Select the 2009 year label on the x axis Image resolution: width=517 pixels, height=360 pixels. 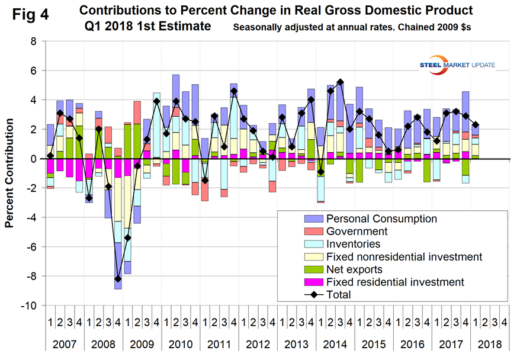tap(142, 343)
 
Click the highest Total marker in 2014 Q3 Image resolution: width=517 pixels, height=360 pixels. tap(340, 82)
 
